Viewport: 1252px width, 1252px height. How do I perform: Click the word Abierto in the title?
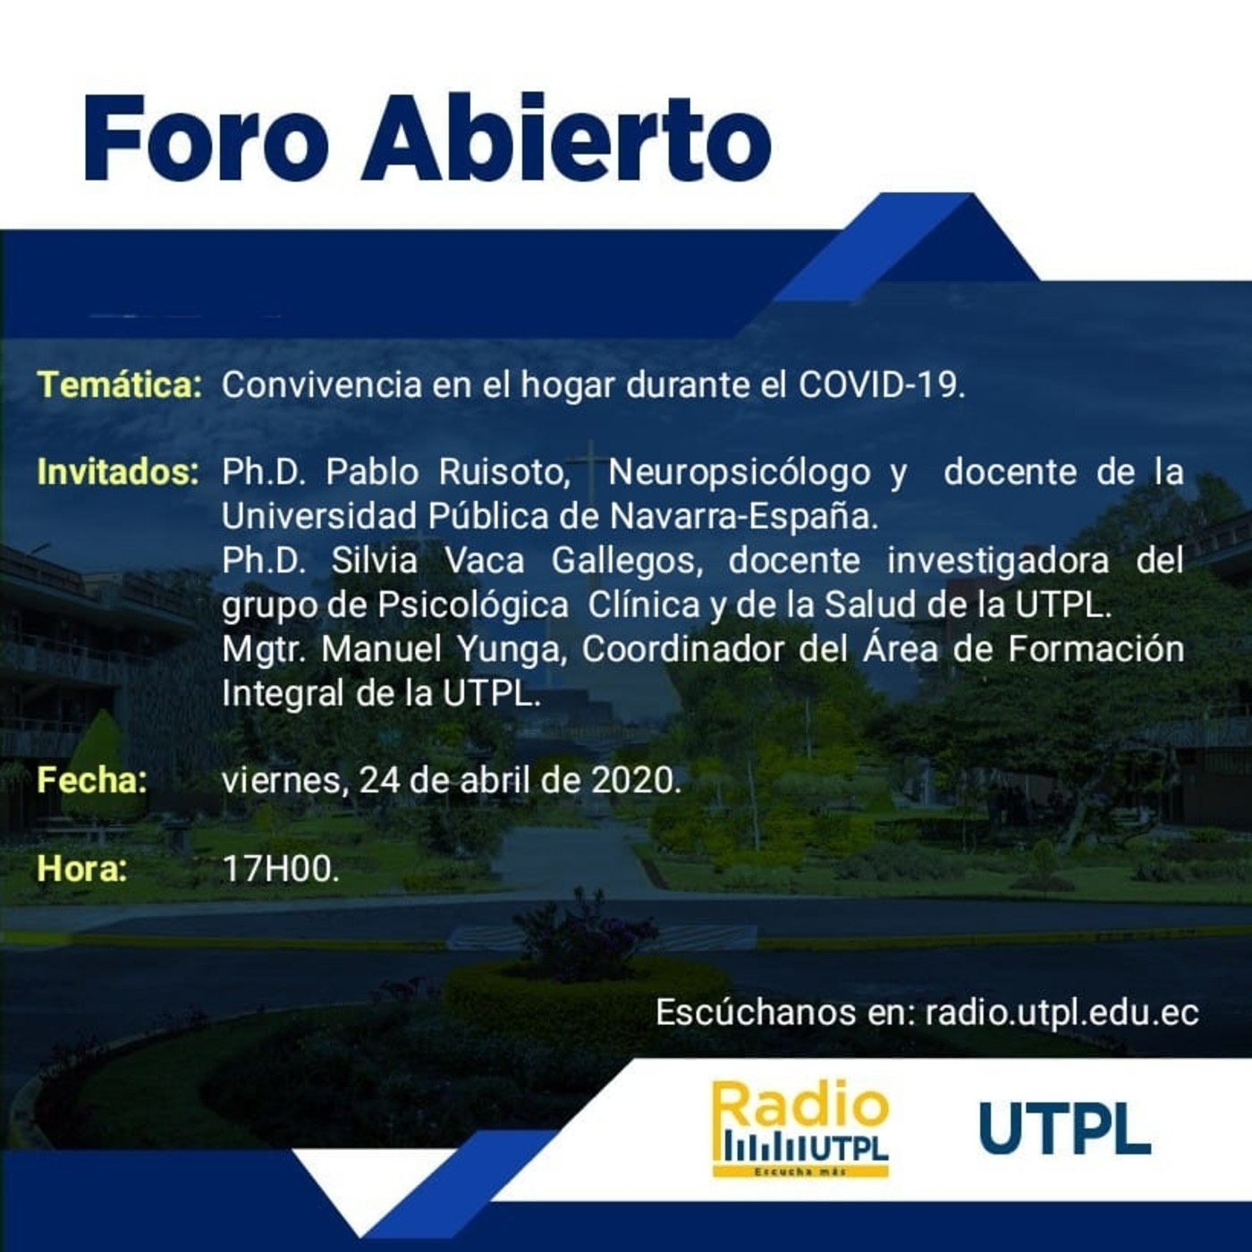pos(567,140)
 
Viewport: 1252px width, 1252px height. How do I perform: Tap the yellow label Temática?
pos(120,385)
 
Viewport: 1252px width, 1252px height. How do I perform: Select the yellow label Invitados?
pos(118,471)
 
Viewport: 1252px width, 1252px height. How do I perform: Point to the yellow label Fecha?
pos(92,780)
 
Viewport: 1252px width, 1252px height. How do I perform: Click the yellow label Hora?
pos(82,867)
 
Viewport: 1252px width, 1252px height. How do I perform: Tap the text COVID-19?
pos(882,385)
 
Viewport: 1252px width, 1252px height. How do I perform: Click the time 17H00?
pos(281,867)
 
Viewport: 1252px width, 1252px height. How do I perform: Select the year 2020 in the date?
pos(636,780)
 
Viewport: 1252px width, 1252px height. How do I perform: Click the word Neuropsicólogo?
pos(739,471)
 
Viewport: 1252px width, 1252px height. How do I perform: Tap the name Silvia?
pos(374,561)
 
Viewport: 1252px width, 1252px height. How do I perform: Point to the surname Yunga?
pos(512,648)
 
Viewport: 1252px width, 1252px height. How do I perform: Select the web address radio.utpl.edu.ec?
pos(1062,1012)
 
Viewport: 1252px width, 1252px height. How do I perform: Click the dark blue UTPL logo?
pos(1064,1129)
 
